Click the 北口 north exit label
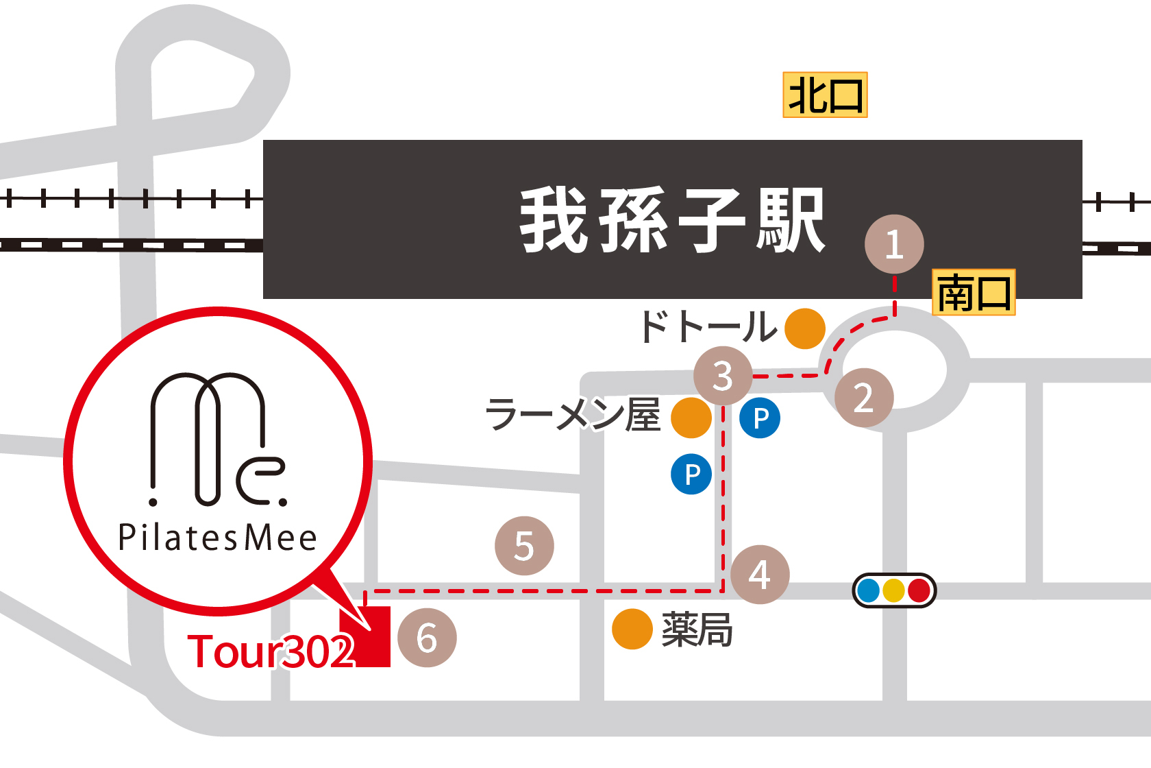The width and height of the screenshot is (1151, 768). click(x=825, y=95)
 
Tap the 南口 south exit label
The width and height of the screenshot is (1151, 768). click(x=974, y=293)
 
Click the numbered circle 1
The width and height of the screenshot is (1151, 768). click(x=894, y=245)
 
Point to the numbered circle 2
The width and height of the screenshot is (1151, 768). click(x=864, y=398)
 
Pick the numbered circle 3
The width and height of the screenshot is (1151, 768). click(x=723, y=376)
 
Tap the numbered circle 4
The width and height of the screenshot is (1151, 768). click(x=760, y=575)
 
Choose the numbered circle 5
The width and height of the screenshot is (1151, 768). click(x=524, y=546)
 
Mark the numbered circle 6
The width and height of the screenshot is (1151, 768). click(x=427, y=638)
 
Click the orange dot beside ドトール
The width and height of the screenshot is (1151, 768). click(x=804, y=328)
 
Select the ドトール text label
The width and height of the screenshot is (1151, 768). click(x=707, y=326)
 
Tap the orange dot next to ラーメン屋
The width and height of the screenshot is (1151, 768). click(x=691, y=418)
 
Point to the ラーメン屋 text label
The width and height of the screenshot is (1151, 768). click(x=573, y=416)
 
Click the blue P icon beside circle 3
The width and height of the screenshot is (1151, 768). click(x=760, y=418)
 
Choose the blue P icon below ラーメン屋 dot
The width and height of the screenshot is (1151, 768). click(x=691, y=474)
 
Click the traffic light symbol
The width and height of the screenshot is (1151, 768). click(x=894, y=590)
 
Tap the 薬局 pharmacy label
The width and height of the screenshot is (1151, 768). click(x=697, y=630)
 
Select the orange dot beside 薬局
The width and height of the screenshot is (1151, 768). click(x=632, y=629)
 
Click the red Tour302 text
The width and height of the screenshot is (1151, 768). click(x=271, y=651)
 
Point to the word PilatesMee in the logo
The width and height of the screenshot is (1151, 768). click(x=218, y=538)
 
